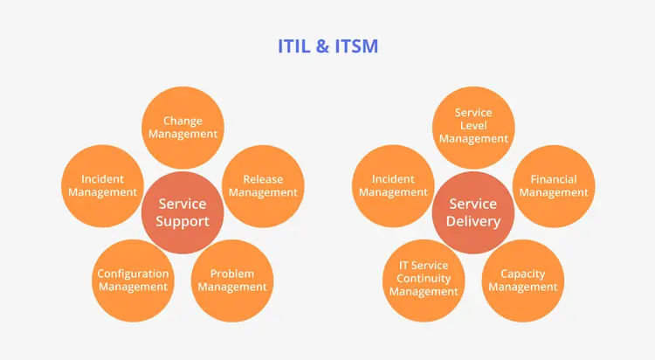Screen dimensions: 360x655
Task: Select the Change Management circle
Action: [183, 127]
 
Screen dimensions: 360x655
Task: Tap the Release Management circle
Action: [263, 186]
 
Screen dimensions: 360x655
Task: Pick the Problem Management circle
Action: [231, 280]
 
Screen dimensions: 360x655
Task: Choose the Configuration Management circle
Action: [133, 280]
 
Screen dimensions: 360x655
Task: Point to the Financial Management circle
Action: [554, 186]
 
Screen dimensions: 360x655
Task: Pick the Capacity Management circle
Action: [523, 280]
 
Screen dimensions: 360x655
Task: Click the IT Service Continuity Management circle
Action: [424, 279]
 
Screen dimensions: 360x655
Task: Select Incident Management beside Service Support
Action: [103, 186]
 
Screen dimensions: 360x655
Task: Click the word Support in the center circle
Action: [183, 221]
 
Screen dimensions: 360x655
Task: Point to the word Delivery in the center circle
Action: [474, 221]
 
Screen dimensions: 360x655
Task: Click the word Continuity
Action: [424, 279]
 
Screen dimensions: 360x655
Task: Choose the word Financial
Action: [554, 180]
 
